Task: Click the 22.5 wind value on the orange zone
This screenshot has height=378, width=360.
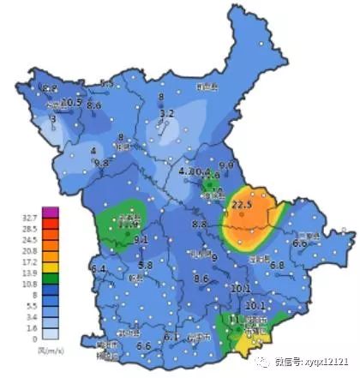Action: click(x=243, y=204)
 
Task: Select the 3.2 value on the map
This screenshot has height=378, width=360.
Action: click(x=167, y=113)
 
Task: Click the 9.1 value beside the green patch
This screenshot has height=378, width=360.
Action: click(x=141, y=239)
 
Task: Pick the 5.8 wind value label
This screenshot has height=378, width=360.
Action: click(x=145, y=266)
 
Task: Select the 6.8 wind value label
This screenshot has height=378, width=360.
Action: click(x=277, y=266)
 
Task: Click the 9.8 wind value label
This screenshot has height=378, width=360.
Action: click(x=101, y=163)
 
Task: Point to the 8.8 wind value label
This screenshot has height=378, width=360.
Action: click(x=200, y=225)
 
